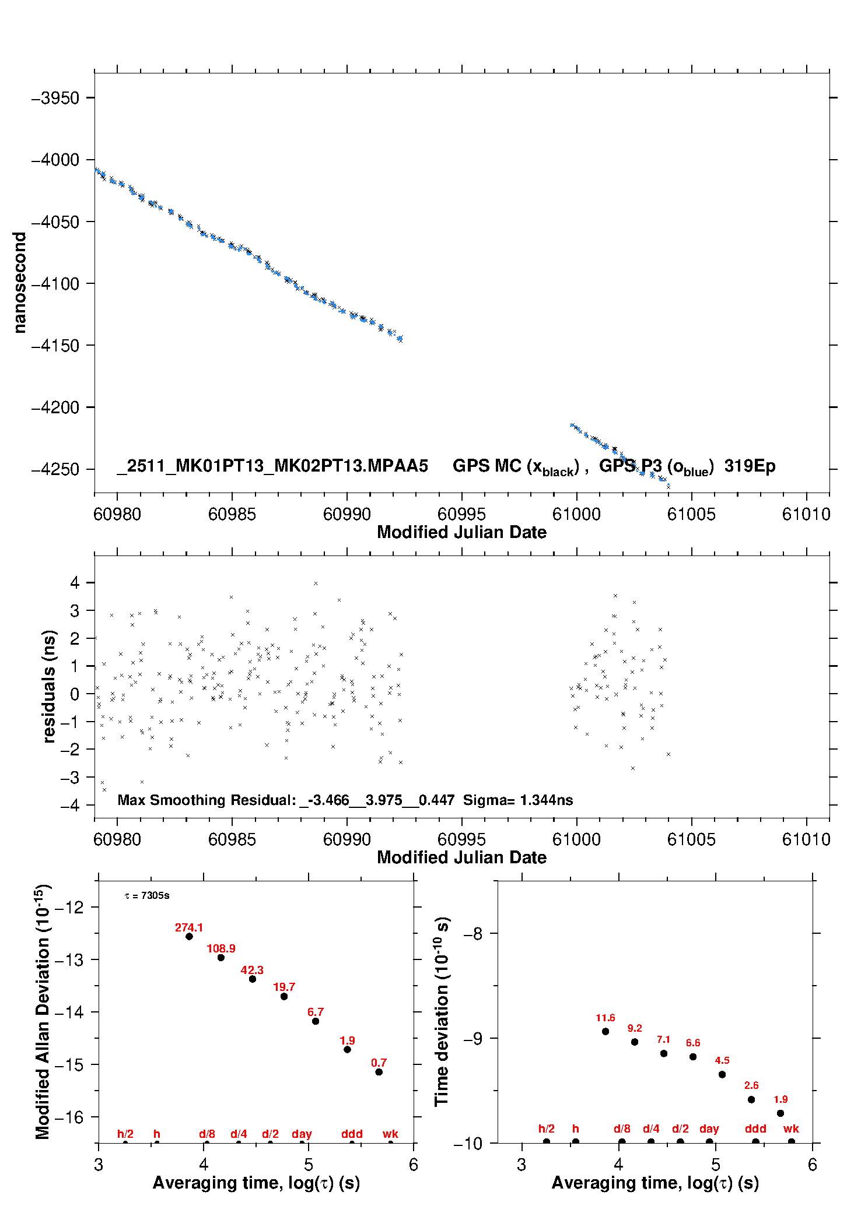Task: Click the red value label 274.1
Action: click(x=189, y=927)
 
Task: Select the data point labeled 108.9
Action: click(x=221, y=958)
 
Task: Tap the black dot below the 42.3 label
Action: click(x=253, y=979)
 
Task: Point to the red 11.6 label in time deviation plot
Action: click(x=605, y=1018)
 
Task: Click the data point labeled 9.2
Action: click(x=635, y=1042)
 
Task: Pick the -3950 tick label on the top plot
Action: click(x=55, y=98)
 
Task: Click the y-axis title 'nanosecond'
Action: click(x=20, y=283)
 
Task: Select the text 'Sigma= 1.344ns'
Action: click(x=518, y=800)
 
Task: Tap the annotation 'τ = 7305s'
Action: click(x=147, y=895)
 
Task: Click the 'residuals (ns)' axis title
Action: click(x=50, y=686)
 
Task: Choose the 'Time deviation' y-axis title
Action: click(x=442, y=1012)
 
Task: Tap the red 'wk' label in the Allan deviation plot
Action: click(x=390, y=1134)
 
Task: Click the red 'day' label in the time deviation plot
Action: click(x=709, y=1128)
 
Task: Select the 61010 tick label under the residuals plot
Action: click(x=806, y=839)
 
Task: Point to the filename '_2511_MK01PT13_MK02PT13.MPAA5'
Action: click(x=272, y=466)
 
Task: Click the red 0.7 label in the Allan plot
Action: click(x=379, y=1063)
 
